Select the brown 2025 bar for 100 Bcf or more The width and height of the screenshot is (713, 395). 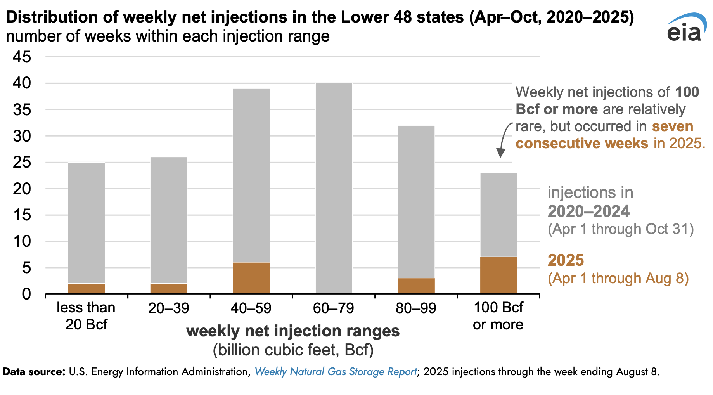click(x=498, y=275)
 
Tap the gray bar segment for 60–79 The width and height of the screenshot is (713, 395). click(x=334, y=189)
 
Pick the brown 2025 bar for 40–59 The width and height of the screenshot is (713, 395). click(x=251, y=278)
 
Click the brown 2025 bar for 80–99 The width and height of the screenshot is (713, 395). click(x=416, y=286)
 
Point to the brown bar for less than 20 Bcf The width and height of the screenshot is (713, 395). click(x=87, y=289)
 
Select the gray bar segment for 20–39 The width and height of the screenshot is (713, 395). click(x=169, y=220)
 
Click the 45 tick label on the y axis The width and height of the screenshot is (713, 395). click(x=22, y=57)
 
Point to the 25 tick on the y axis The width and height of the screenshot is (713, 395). click(x=22, y=162)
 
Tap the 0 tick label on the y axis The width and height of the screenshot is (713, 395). click(x=26, y=294)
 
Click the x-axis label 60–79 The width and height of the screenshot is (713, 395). click(x=334, y=308)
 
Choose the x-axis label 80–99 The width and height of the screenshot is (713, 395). click(x=416, y=308)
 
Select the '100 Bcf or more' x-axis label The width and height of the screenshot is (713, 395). click(x=498, y=316)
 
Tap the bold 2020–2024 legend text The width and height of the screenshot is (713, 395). click(x=588, y=211)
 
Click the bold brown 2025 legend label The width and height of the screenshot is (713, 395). click(x=566, y=260)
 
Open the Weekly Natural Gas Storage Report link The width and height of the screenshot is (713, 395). click(x=336, y=372)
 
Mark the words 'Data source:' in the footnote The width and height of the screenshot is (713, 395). click(x=34, y=372)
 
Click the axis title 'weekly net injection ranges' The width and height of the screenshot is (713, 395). click(x=293, y=331)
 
